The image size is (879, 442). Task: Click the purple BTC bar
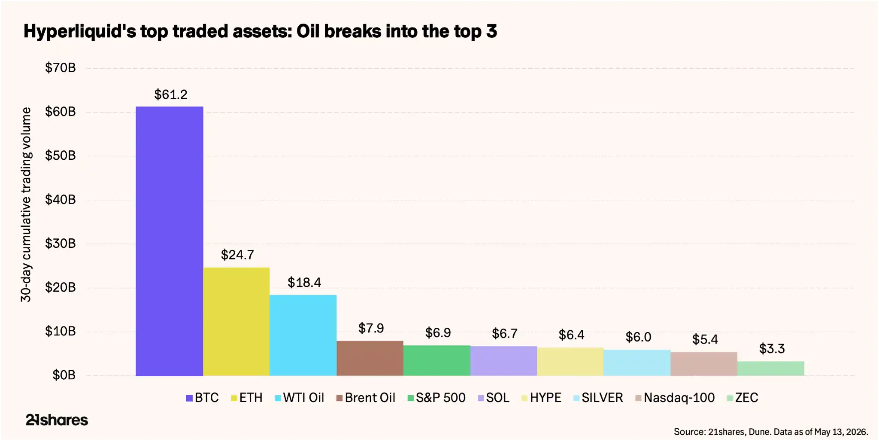coord(169,241)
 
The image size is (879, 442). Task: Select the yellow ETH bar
coord(236,322)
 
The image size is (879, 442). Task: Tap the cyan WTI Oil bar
coord(303,335)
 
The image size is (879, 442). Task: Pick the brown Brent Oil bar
coord(370,358)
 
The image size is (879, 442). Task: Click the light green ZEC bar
coord(771,369)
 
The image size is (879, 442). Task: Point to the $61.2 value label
coord(171,94)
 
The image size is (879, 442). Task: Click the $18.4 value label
coord(304,283)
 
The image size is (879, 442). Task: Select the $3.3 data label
coord(772,348)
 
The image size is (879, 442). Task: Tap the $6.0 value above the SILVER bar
coord(638,337)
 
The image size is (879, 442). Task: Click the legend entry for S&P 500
coord(436,398)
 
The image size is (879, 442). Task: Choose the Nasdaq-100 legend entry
coord(675,398)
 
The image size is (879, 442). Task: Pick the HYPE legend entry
coord(541,398)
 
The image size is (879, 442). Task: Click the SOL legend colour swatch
coord(481,398)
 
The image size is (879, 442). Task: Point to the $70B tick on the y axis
coord(61,68)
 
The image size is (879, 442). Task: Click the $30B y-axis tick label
coord(61,244)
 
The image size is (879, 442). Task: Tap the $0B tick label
coord(64,375)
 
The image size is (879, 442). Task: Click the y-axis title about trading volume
coord(26,205)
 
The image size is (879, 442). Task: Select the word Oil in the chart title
coord(308,31)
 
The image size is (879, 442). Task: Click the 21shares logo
coord(57,420)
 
